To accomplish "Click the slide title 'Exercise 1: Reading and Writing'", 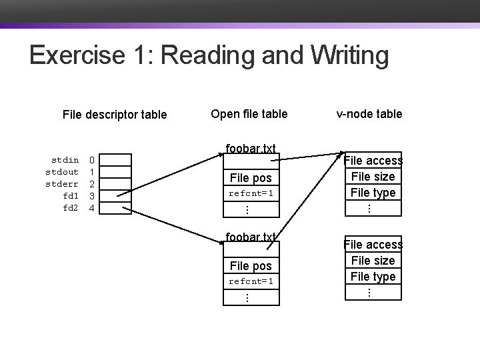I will [x=209, y=56].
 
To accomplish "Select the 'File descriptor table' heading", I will [x=114, y=115].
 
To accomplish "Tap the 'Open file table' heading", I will [x=249, y=114].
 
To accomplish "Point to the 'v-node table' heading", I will [x=369, y=114].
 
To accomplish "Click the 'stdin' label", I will [x=65, y=160].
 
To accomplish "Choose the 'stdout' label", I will [x=62, y=172].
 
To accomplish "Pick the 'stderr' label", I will [x=62, y=184].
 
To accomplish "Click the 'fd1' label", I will [x=70, y=196].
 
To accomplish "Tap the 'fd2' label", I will [x=70, y=208].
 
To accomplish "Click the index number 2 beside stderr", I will [x=93, y=184].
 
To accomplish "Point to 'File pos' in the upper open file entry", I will [x=251, y=178].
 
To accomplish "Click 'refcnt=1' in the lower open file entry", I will [x=251, y=281].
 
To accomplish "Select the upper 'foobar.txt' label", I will [x=251, y=148].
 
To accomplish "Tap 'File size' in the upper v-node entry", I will [x=373, y=177].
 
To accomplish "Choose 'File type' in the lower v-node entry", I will [x=373, y=277].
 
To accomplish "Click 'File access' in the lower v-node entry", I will [x=373, y=245].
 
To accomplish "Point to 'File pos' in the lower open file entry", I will [x=251, y=266].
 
